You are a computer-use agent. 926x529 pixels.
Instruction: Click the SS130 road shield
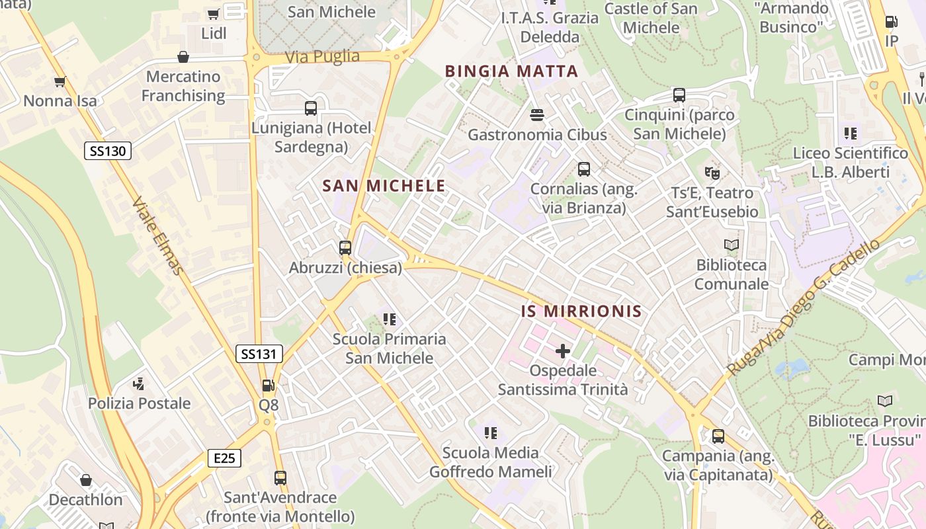coord(108,151)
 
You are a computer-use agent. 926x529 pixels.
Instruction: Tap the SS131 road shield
coord(259,354)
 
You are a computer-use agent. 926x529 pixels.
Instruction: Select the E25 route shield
coord(224,458)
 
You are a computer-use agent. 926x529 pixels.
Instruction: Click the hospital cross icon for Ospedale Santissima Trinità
coord(563,351)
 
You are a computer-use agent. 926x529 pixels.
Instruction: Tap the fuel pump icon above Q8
coord(268,386)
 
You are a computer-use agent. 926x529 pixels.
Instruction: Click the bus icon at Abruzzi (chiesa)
coord(345,249)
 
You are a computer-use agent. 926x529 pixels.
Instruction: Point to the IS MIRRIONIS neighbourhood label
coord(581,311)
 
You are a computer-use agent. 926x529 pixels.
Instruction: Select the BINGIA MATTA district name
coord(511,71)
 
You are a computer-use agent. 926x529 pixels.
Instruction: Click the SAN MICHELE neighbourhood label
coord(384,186)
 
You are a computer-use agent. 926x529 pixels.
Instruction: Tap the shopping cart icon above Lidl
coord(214,14)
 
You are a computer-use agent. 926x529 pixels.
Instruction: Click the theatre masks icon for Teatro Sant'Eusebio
coord(712,173)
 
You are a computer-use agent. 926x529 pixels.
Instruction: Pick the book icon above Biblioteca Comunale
coord(731,245)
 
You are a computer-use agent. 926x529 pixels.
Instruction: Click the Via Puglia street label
coord(322,57)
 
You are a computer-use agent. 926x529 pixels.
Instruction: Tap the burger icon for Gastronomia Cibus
coord(537,115)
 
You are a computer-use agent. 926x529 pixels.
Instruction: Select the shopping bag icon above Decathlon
coord(85,480)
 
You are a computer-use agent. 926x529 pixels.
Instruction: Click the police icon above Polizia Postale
coord(139,384)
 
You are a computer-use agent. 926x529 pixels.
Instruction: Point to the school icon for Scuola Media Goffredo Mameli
coord(490,433)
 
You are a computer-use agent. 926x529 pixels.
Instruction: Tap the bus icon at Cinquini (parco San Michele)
coord(679,95)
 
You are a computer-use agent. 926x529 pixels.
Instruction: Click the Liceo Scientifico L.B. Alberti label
coord(850,163)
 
